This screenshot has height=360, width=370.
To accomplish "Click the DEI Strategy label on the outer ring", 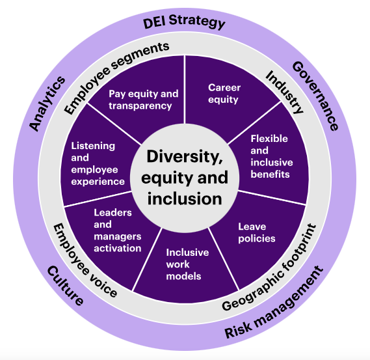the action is coord(184,21).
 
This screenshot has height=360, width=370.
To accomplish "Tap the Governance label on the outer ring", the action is coord(315,96).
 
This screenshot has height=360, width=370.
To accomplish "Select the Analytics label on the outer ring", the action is coord(47,104).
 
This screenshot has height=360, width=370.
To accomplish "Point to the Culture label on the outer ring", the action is coord(66,286).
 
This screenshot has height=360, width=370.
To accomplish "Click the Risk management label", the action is coord(274,302).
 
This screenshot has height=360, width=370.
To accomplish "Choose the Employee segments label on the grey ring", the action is coord(116,78).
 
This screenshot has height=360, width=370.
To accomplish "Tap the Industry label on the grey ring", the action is coord(285,92).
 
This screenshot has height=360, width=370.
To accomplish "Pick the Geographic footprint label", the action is coord(269,267).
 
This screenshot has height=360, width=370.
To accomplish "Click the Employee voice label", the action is coord(85,260).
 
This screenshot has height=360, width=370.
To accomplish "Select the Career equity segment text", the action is coord(224,94).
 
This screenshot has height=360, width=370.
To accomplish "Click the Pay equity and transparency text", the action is coord(144,100).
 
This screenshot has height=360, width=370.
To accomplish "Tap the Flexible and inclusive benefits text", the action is coord(272,156).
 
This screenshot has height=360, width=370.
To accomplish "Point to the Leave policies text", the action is coord(257,232).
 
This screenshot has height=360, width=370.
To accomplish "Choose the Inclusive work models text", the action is coord(187,264).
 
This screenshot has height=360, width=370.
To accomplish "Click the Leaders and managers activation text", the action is coord(118,230).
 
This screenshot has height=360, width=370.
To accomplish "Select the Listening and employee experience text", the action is coord(98,163).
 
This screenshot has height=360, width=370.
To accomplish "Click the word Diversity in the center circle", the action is coord(185,157).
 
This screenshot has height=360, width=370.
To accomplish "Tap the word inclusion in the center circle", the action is coord(185,199).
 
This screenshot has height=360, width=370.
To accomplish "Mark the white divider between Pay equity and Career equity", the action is coord(185,90).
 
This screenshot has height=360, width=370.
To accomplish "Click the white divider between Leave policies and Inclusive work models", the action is coord(224,259).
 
